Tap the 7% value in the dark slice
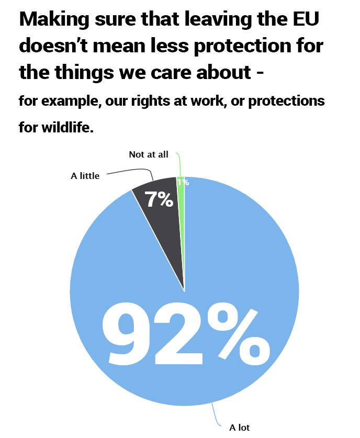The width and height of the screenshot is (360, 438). click(x=159, y=199)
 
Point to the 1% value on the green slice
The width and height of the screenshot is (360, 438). click(x=183, y=182)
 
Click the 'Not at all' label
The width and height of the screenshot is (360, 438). click(x=149, y=155)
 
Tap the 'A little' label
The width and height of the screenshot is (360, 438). click(x=85, y=176)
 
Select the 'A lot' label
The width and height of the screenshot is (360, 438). click(x=240, y=428)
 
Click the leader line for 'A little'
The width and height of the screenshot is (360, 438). click(x=131, y=171)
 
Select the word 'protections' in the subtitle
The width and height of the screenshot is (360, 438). click(x=287, y=101)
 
